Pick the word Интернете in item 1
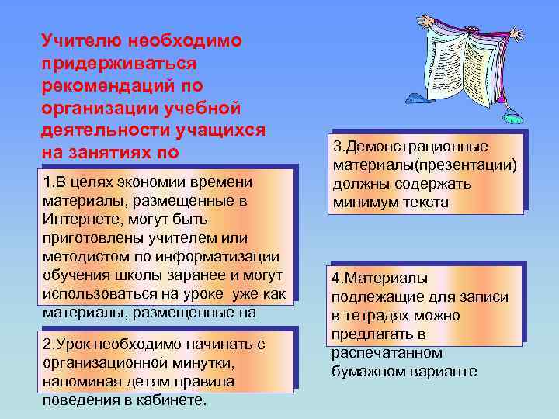pos(80,219)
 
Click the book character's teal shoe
pos(512,117)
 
